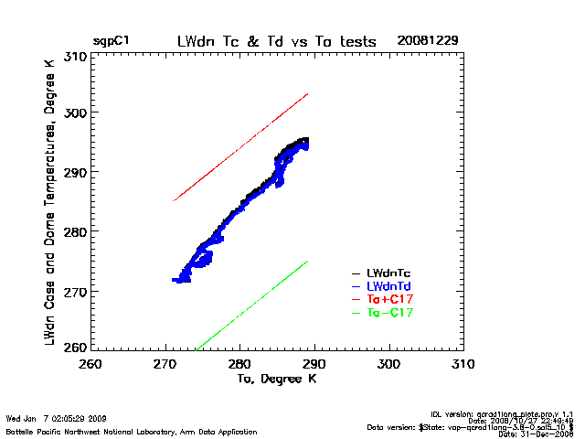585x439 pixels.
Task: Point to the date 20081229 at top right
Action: point(428,41)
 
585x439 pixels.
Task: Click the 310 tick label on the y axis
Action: point(76,57)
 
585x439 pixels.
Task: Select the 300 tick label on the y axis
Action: point(76,113)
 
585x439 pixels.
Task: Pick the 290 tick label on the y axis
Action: point(76,173)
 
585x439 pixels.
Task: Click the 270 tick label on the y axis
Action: point(76,291)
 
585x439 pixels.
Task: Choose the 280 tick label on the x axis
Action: point(239,364)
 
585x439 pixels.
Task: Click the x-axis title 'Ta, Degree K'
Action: point(276,378)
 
